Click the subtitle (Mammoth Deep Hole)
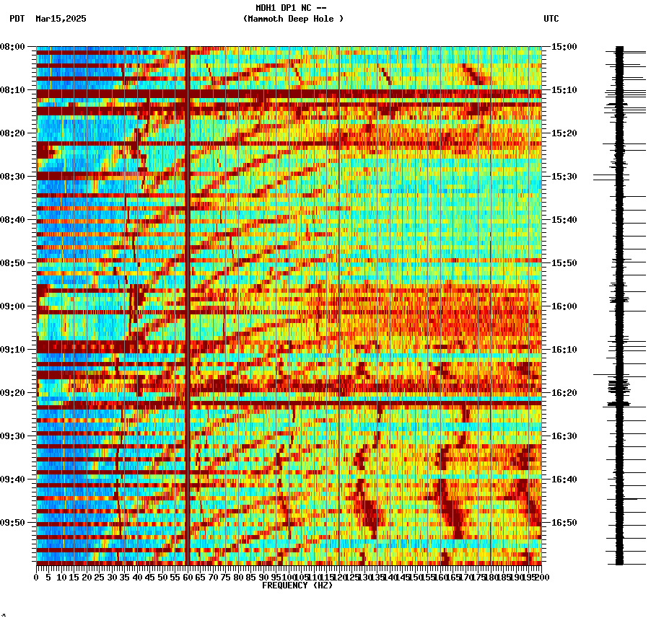tap(293, 19)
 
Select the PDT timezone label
tap(17, 19)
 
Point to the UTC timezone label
tap(551, 19)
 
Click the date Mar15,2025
tap(61, 19)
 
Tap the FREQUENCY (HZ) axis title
tap(297, 586)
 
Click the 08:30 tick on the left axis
tap(12, 177)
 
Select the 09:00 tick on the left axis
tap(12, 306)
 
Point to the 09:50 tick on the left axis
tap(12, 523)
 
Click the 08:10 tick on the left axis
tap(12, 90)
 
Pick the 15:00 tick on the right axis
tap(563, 47)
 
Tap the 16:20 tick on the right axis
tap(563, 393)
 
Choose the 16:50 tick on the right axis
tap(563, 523)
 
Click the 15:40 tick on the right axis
tap(563, 220)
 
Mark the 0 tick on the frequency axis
tap(37, 577)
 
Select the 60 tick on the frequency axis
tap(188, 577)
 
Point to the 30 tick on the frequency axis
tap(112, 577)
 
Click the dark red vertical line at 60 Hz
tap(188, 288)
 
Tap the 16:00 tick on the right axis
tap(563, 306)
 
